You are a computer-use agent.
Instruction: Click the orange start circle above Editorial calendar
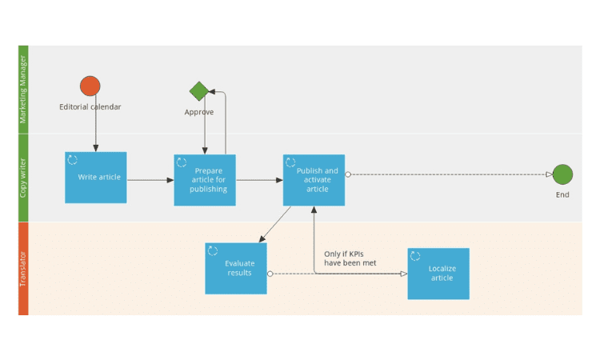90,86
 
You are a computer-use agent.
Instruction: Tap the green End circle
562,174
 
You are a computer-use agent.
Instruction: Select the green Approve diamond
199,91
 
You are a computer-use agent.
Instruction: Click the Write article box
96,178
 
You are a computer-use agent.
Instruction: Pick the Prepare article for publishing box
205,180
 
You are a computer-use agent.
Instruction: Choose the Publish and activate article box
314,180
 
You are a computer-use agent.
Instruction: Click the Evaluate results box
236,268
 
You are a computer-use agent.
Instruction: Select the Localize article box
438,274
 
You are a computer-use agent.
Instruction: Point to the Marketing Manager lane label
23,90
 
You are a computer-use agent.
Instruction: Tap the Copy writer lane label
23,178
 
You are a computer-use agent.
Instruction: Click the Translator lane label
23,269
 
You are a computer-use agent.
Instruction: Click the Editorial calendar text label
90,106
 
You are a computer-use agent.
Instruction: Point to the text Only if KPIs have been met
350,258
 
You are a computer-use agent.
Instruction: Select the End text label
562,194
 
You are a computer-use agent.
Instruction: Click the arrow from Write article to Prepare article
150,180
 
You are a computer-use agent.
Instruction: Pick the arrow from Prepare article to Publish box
259,180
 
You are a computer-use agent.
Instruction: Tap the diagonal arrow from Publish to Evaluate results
274,224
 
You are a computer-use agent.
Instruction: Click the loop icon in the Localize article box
415,255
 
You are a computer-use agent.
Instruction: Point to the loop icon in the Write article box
72,159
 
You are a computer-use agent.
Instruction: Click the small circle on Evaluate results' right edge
270,274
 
